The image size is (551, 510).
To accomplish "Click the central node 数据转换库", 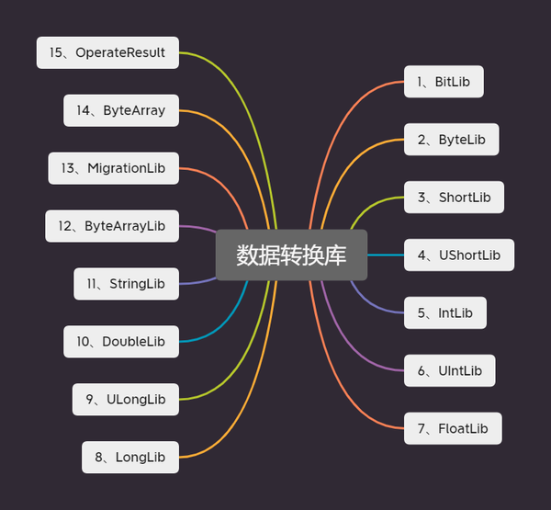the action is pyautogui.click(x=291, y=255).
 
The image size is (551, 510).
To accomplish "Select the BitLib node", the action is pyautogui.click(x=444, y=82).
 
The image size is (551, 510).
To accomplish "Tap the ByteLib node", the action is pyautogui.click(x=451, y=140).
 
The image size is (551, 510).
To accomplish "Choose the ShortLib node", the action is pyautogui.click(x=454, y=197).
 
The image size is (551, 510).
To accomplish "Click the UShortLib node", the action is pyautogui.click(x=458, y=255).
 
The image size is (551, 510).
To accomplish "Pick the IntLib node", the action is pyautogui.click(x=444, y=312).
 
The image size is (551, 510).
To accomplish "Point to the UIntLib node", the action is pyautogui.click(x=449, y=370).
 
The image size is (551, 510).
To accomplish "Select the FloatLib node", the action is pyautogui.click(x=453, y=427).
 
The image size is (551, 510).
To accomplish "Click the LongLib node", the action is pyautogui.click(x=129, y=457).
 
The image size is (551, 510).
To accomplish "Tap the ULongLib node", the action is pyautogui.click(x=125, y=399).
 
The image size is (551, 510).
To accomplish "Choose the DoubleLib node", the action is pyautogui.click(x=121, y=342).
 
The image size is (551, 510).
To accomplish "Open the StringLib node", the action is pyautogui.click(x=126, y=284).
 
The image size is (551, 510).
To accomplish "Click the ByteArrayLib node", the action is pyautogui.click(x=111, y=226).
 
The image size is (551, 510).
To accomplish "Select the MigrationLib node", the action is pyautogui.click(x=113, y=168).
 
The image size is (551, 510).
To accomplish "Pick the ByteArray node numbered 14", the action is pyautogui.click(x=121, y=110).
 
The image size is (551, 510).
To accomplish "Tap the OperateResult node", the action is pyautogui.click(x=107, y=52).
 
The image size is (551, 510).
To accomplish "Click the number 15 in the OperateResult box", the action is pyautogui.click(x=57, y=52).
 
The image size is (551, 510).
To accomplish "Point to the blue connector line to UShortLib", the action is pyautogui.click(x=386, y=255).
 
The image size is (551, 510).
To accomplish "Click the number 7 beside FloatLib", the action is pyautogui.click(x=422, y=427).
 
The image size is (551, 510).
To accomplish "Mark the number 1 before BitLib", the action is pyautogui.click(x=421, y=82).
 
